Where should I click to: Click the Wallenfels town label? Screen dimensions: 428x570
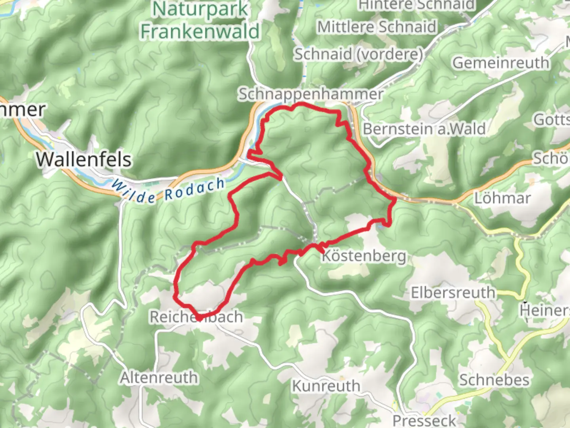point(84,160)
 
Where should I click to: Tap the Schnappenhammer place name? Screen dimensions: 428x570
point(311,94)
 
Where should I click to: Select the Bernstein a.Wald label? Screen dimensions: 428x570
point(424,129)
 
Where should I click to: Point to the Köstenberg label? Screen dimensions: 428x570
point(364,256)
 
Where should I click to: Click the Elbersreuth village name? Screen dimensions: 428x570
point(453,293)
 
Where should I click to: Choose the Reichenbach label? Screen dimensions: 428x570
point(196,317)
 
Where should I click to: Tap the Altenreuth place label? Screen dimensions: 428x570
point(159,378)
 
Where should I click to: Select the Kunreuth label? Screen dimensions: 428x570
point(326,386)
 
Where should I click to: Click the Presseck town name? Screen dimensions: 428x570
point(424,420)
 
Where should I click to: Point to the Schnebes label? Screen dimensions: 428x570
point(494,380)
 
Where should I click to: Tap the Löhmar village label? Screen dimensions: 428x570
point(502,198)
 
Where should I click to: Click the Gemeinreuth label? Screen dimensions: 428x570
point(501,63)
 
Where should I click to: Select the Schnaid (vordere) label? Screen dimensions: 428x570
point(358,54)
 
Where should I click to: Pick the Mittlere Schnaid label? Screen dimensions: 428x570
point(377,27)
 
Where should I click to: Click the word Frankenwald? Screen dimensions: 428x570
point(200,31)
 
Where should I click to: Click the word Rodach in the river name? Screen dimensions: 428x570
point(194,189)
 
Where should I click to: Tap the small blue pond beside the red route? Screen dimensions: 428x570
point(381,225)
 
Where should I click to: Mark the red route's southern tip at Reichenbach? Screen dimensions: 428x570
point(201,318)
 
